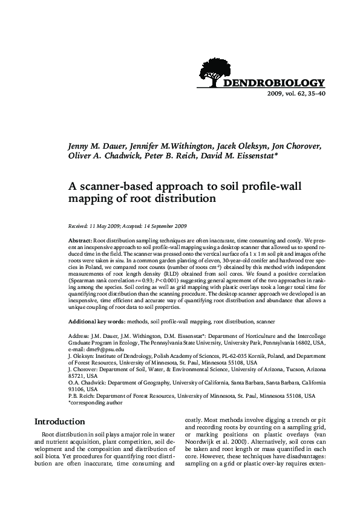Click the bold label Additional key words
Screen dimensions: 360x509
[97, 322]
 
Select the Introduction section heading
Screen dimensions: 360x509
[68, 421]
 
